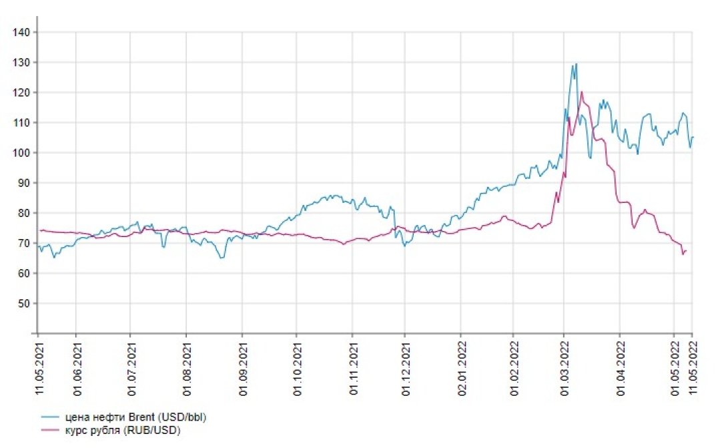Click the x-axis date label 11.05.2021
coord(39,367)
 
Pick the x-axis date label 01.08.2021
coord(186,367)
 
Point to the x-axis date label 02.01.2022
coord(460,367)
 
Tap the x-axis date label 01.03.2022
coord(564,367)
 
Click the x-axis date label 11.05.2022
coord(692,367)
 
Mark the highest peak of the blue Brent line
coord(576,63)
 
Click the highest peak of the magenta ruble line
coord(581,92)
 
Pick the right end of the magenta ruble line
coord(686,250)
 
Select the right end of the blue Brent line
coord(693,138)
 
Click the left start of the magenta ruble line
coord(40,230)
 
